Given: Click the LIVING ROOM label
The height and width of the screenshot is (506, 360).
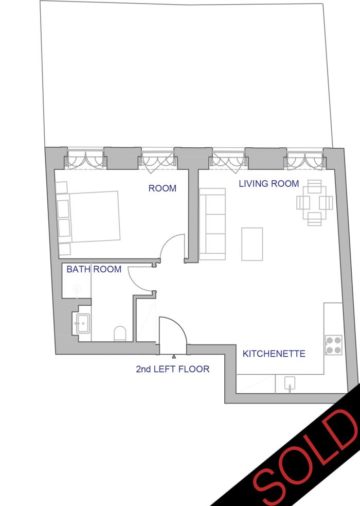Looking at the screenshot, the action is [x=269, y=184].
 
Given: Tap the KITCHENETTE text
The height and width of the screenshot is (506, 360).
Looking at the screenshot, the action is [x=274, y=354].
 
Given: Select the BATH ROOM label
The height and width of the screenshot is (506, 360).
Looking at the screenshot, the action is [x=94, y=269].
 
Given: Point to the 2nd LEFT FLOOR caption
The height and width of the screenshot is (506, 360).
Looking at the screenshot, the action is [x=172, y=369].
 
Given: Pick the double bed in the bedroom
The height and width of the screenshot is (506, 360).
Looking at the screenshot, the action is [x=87, y=217].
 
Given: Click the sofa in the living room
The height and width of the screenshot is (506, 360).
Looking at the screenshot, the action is [x=212, y=224].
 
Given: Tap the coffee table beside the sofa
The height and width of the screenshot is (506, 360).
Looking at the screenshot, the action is [x=252, y=244].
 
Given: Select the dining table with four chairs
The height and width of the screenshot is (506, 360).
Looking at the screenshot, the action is [x=315, y=203].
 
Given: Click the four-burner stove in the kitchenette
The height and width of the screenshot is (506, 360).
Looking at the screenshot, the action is [x=334, y=345].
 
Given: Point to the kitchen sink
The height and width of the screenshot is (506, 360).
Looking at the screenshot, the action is [x=290, y=383].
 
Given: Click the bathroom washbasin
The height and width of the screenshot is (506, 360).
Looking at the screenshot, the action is [x=83, y=323].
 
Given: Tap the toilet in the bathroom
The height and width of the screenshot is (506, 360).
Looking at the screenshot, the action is [x=120, y=334].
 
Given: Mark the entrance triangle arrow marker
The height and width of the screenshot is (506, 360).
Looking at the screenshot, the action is [x=174, y=356].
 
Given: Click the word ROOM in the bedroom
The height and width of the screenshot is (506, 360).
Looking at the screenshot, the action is [x=163, y=188].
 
